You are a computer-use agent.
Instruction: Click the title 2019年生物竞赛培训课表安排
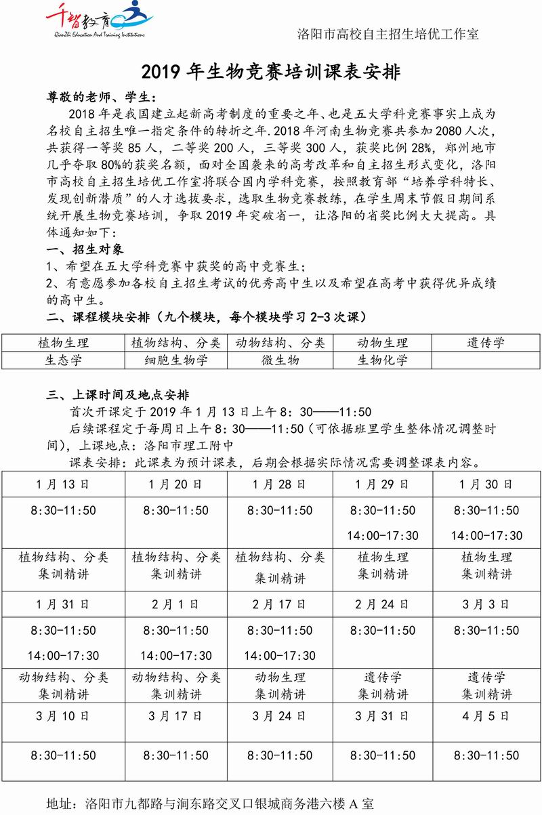(270, 71)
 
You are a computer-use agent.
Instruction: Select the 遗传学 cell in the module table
(486, 343)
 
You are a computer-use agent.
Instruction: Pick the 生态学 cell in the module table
(64, 360)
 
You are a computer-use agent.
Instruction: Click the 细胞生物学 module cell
(176, 360)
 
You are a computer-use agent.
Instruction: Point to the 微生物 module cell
(280, 360)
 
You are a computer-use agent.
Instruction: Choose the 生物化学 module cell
(383, 360)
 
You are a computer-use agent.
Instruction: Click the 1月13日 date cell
(63, 485)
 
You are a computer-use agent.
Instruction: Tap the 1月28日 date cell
(280, 485)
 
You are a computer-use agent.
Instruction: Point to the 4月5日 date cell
(486, 716)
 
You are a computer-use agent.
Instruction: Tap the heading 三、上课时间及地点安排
(117, 395)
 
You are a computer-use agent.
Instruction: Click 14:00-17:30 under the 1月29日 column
(383, 536)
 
